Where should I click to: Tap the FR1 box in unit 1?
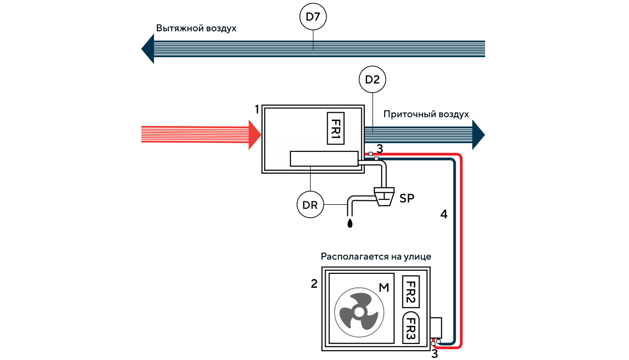click(x=336, y=128)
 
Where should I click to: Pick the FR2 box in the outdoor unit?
click(x=411, y=292)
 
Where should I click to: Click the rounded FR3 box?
click(x=411, y=328)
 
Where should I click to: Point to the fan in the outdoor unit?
click(x=359, y=312)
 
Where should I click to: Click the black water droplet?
click(x=350, y=223)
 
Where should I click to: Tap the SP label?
click(x=406, y=198)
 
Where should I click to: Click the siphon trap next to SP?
click(x=384, y=197)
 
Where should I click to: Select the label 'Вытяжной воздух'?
click(x=196, y=29)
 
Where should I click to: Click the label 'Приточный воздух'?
click(x=426, y=114)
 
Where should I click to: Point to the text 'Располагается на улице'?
click(x=376, y=256)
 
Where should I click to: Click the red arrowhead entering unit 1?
click(x=255, y=135)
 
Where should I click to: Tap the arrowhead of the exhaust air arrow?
click(x=148, y=49)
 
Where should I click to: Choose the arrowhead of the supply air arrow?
click(x=479, y=135)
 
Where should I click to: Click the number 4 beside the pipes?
click(x=444, y=214)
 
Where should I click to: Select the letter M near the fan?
click(x=384, y=287)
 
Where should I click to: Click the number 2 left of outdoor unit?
click(x=314, y=284)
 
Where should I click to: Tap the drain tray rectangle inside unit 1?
click(x=324, y=159)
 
